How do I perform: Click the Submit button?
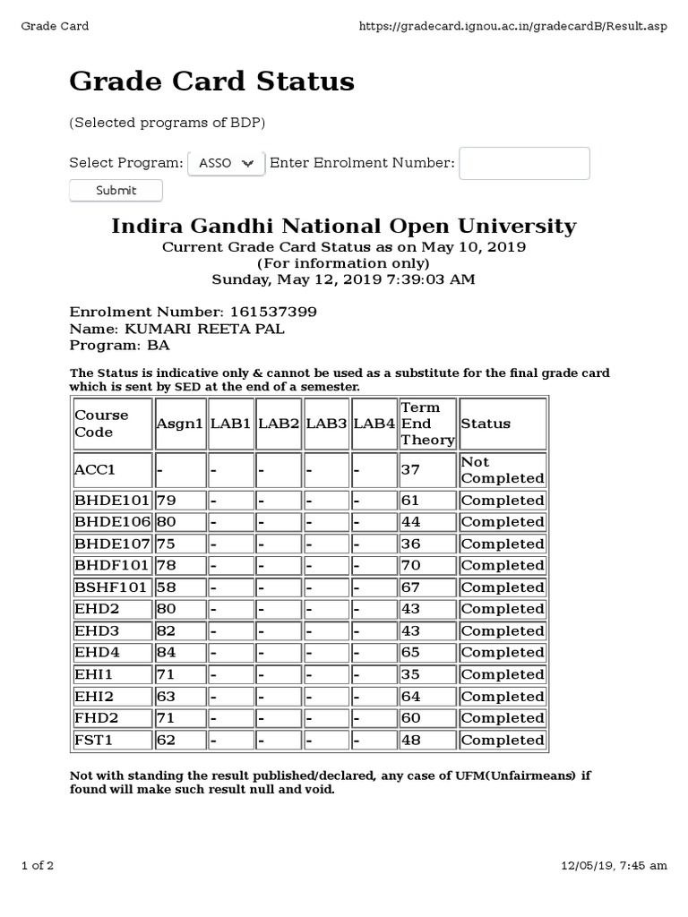click(116, 190)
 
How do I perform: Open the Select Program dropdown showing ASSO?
click(226, 163)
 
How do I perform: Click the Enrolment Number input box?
click(524, 164)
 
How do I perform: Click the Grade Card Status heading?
click(211, 81)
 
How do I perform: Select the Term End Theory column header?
click(426, 424)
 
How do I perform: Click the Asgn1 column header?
click(179, 424)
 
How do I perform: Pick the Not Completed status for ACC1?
click(501, 470)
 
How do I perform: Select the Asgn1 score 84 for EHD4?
click(167, 653)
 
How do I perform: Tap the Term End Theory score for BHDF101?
click(411, 565)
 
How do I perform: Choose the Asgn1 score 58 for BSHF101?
click(167, 587)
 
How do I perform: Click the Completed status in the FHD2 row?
click(502, 718)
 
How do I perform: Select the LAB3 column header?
click(326, 424)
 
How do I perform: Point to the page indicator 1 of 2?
click(38, 865)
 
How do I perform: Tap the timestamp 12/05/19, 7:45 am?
click(614, 865)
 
